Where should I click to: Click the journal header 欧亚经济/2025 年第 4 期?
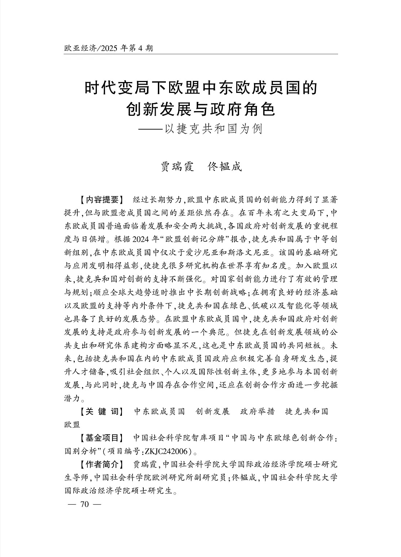pos(109,48)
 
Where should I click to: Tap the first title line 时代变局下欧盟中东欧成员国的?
pos(201,89)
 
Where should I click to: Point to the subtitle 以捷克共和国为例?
pos(213,129)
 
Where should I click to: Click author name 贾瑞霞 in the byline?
pos(178,167)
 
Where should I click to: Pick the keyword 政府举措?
pos(258,411)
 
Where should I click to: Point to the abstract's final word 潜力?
pos(72,398)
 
